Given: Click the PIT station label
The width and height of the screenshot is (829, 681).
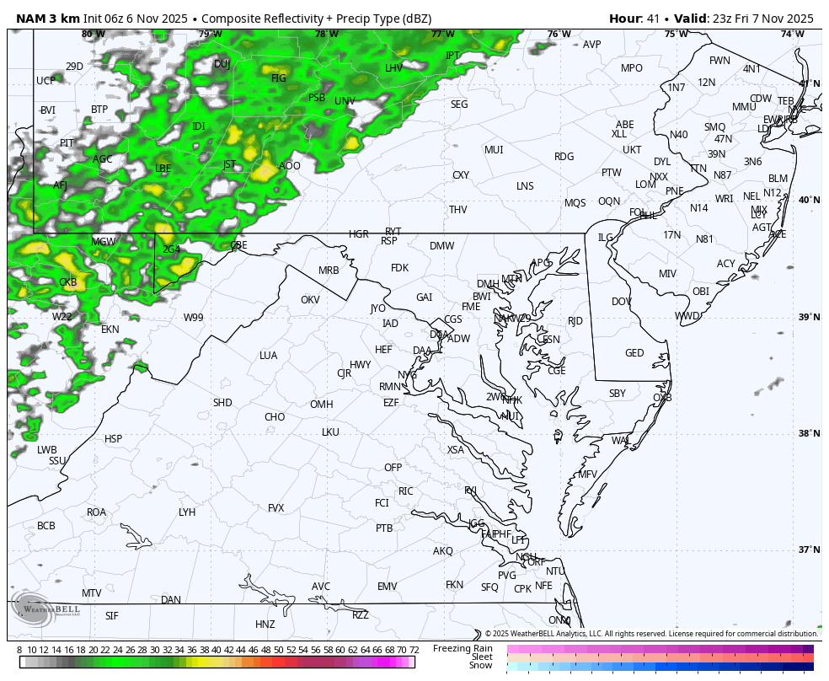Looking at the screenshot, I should pyautogui.click(x=67, y=143).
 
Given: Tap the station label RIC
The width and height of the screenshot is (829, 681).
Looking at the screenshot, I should pyautogui.click(x=406, y=491).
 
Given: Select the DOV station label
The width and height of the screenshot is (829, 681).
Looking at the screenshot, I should pyautogui.click(x=621, y=302).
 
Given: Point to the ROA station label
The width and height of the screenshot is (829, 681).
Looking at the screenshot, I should pyautogui.click(x=96, y=512).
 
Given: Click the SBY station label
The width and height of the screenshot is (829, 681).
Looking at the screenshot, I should pyautogui.click(x=618, y=394).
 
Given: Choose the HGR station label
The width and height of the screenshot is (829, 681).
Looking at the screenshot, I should pyautogui.click(x=359, y=234).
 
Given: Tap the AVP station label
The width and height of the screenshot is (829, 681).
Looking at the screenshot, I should pyautogui.click(x=592, y=45).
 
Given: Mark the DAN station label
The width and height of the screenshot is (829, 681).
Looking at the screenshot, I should pyautogui.click(x=171, y=600).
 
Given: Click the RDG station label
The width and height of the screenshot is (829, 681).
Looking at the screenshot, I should pyautogui.click(x=564, y=157).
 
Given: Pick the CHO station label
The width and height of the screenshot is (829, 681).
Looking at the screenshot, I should pyautogui.click(x=275, y=417).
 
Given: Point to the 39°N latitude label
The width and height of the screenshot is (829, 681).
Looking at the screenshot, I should pyautogui.click(x=809, y=317).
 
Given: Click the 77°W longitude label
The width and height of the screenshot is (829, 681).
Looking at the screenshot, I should pyautogui.click(x=442, y=35).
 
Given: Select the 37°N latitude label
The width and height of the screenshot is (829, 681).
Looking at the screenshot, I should pyautogui.click(x=809, y=550).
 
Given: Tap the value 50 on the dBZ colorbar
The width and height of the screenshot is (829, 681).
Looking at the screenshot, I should pyautogui.click(x=278, y=650).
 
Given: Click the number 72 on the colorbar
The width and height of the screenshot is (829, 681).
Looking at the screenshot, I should pyautogui.click(x=414, y=650).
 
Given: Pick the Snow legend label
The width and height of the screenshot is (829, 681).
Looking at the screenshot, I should pyautogui.click(x=480, y=665).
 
